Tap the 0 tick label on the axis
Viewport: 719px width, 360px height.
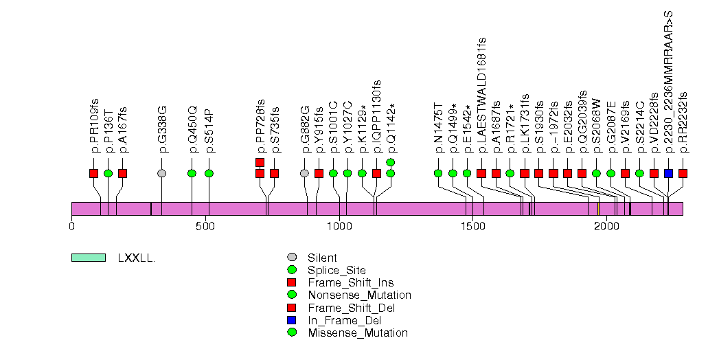click(72, 226)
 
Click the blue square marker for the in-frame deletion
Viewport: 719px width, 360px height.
click(668, 173)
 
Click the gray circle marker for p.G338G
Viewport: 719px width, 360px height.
click(161, 173)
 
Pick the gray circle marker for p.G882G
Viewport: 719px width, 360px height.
click(304, 173)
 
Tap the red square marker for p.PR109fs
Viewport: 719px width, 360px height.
click(94, 173)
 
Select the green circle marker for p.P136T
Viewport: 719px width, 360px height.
click(108, 173)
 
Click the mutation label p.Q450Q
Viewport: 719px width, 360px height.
click(192, 128)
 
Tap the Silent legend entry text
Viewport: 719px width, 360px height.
click(322, 258)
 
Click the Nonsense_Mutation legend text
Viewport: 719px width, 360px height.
click(359, 295)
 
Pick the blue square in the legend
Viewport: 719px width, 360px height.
click(293, 320)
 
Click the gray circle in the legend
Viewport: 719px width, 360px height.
click(293, 258)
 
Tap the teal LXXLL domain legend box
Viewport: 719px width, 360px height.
click(89, 258)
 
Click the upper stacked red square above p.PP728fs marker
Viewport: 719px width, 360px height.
click(260, 162)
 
